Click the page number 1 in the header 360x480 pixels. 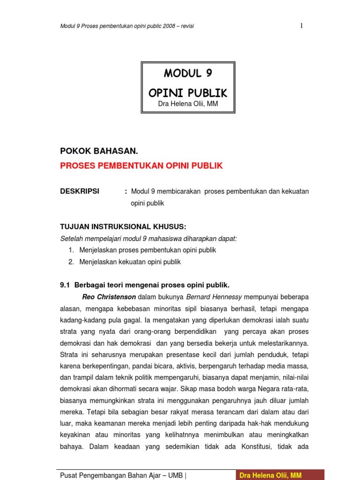click(301, 26)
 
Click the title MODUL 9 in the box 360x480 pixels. click(188, 74)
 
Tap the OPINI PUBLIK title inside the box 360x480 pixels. click(188, 93)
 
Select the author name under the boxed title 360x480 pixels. click(187, 104)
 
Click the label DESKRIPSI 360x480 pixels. click(80, 191)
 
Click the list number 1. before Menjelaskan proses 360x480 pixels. click(71, 250)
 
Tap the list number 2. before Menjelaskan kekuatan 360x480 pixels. click(71, 262)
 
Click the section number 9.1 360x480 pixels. click(65, 285)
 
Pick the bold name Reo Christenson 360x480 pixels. click(109, 297)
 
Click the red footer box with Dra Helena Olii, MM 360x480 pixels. click(280, 475)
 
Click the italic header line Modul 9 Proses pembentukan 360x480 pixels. click(127, 26)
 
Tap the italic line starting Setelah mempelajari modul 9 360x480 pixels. click(149, 239)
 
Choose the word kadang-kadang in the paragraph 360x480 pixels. click(82, 320)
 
